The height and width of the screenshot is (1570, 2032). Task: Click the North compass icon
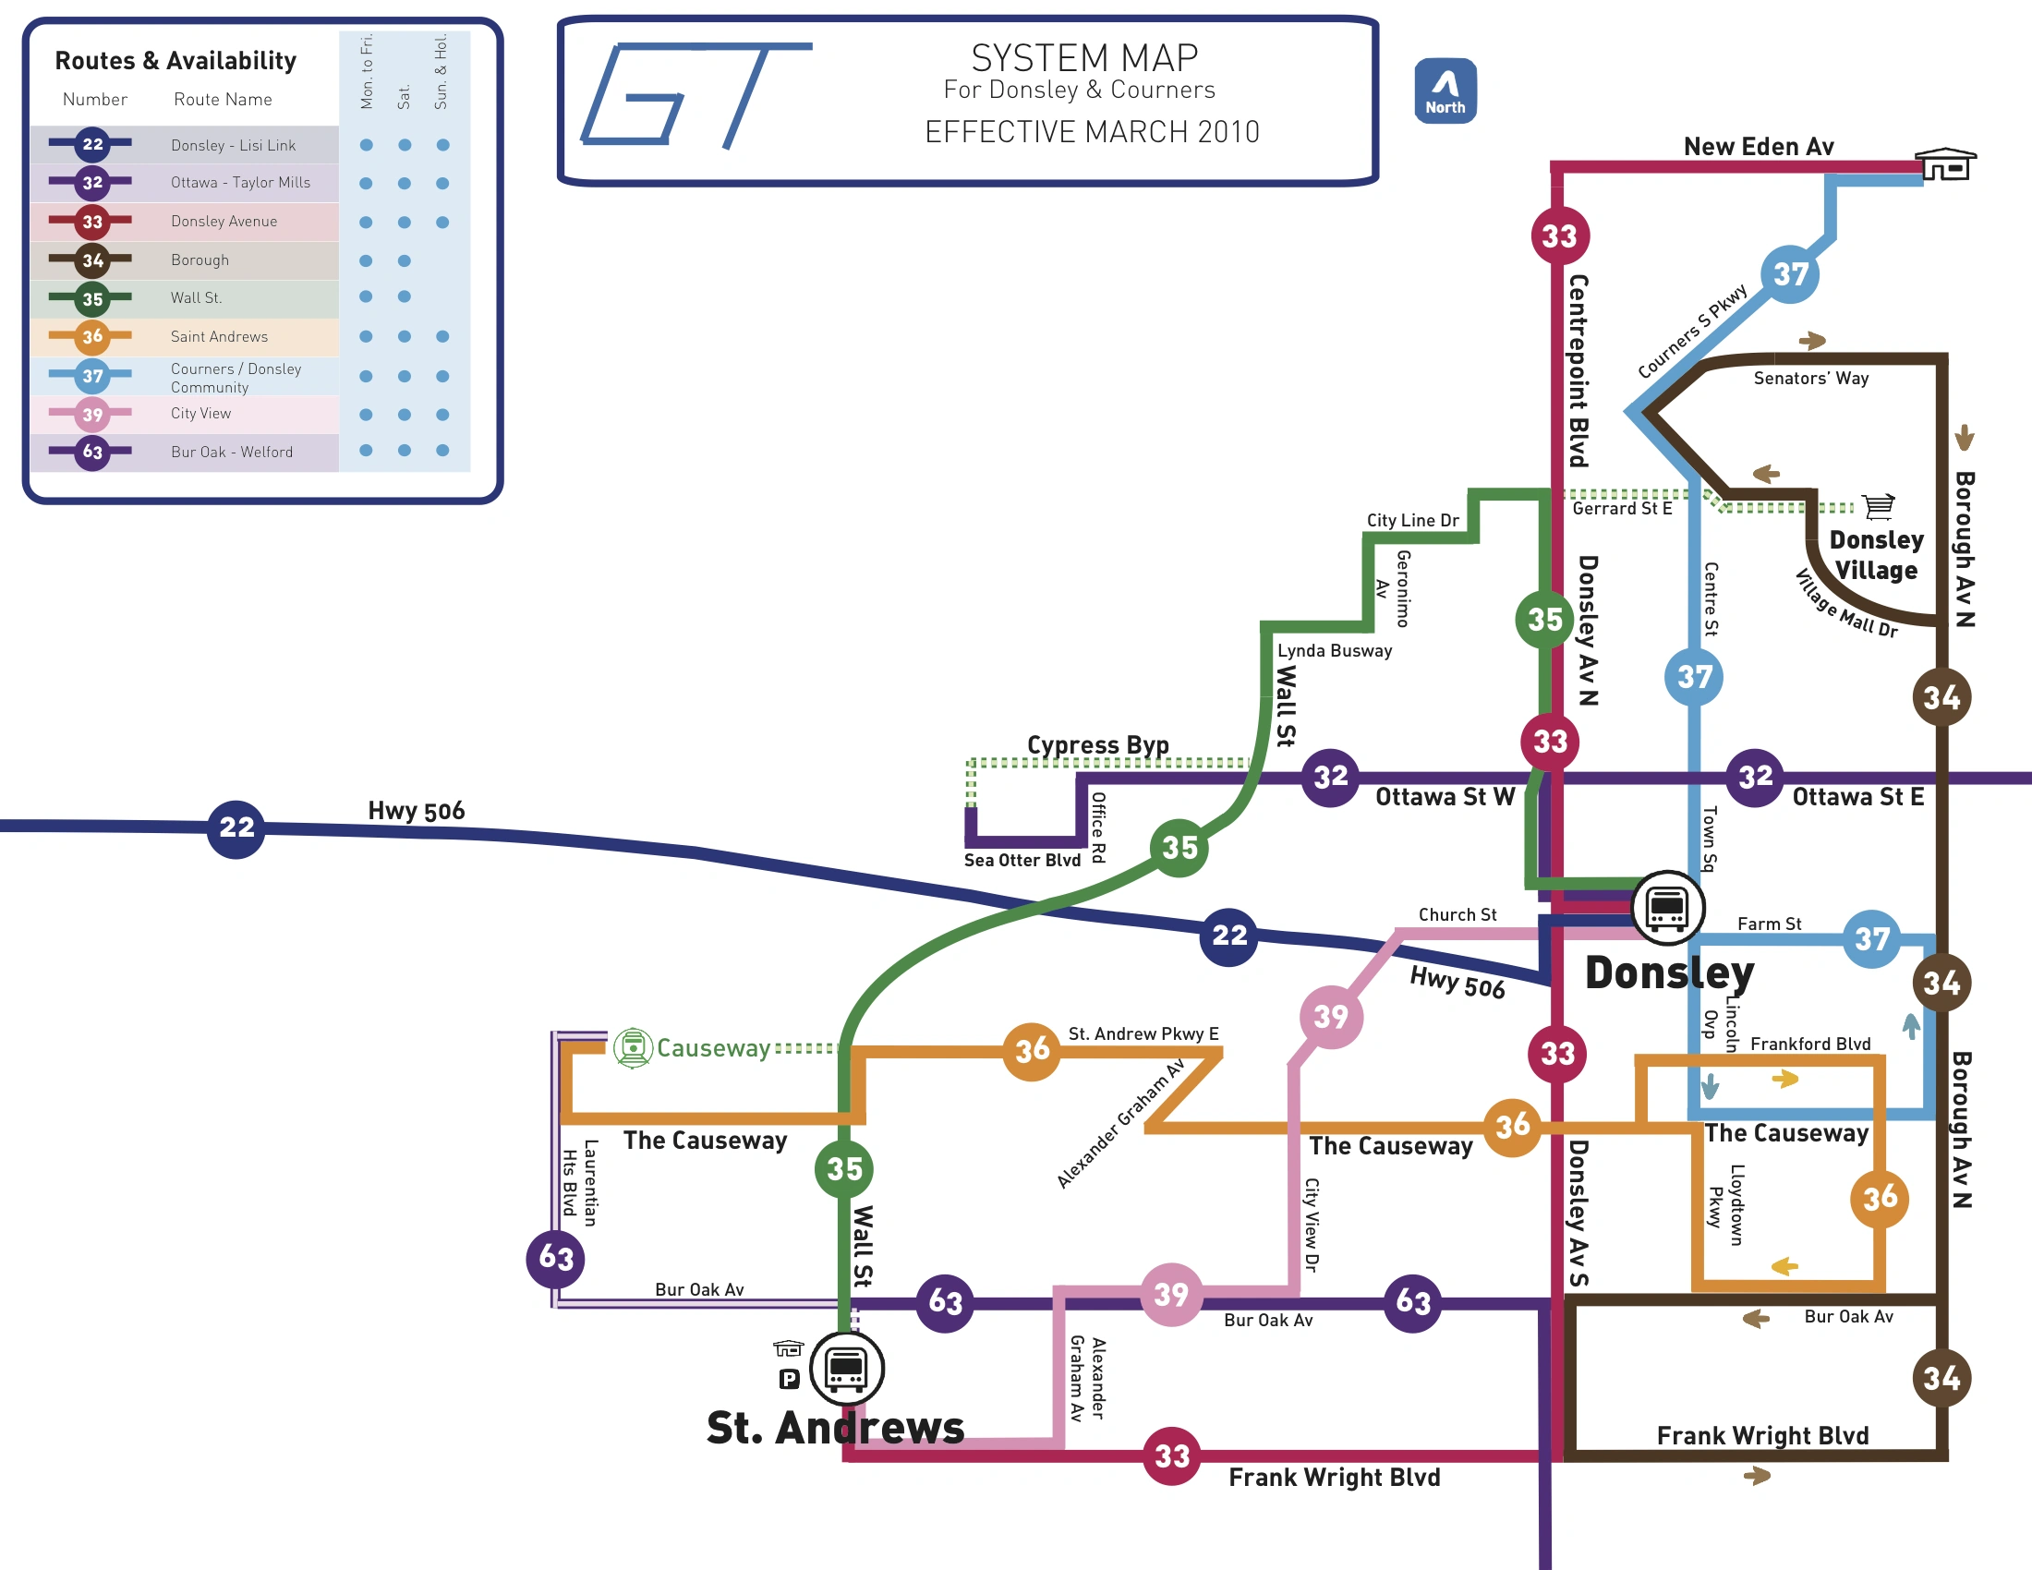(1444, 91)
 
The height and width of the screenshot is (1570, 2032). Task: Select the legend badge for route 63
(92, 452)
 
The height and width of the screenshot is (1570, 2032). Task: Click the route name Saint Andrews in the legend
(219, 337)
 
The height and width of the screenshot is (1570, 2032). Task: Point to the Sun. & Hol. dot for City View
(442, 414)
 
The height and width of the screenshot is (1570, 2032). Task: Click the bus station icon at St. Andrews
(846, 1368)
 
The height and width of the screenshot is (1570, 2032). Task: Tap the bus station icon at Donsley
(1667, 907)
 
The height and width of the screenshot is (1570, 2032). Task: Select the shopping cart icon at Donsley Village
(1879, 506)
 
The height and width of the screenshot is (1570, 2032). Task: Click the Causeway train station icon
(633, 1048)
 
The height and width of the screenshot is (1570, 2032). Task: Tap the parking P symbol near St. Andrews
(789, 1380)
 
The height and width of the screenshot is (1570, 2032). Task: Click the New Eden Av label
(1758, 147)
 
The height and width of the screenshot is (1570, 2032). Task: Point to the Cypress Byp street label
(1097, 745)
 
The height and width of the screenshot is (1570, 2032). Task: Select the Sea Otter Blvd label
(1022, 861)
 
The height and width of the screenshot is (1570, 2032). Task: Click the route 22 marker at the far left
(236, 827)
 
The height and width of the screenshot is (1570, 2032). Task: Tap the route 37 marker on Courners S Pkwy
(1789, 274)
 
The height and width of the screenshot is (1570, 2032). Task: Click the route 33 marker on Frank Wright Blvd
(1171, 1455)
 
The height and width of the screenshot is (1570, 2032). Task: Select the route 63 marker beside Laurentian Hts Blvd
(556, 1258)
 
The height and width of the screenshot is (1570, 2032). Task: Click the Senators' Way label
(1809, 379)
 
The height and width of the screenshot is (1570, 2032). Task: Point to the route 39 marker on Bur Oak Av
(1170, 1294)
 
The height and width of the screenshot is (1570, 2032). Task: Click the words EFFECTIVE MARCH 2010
(1092, 133)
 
